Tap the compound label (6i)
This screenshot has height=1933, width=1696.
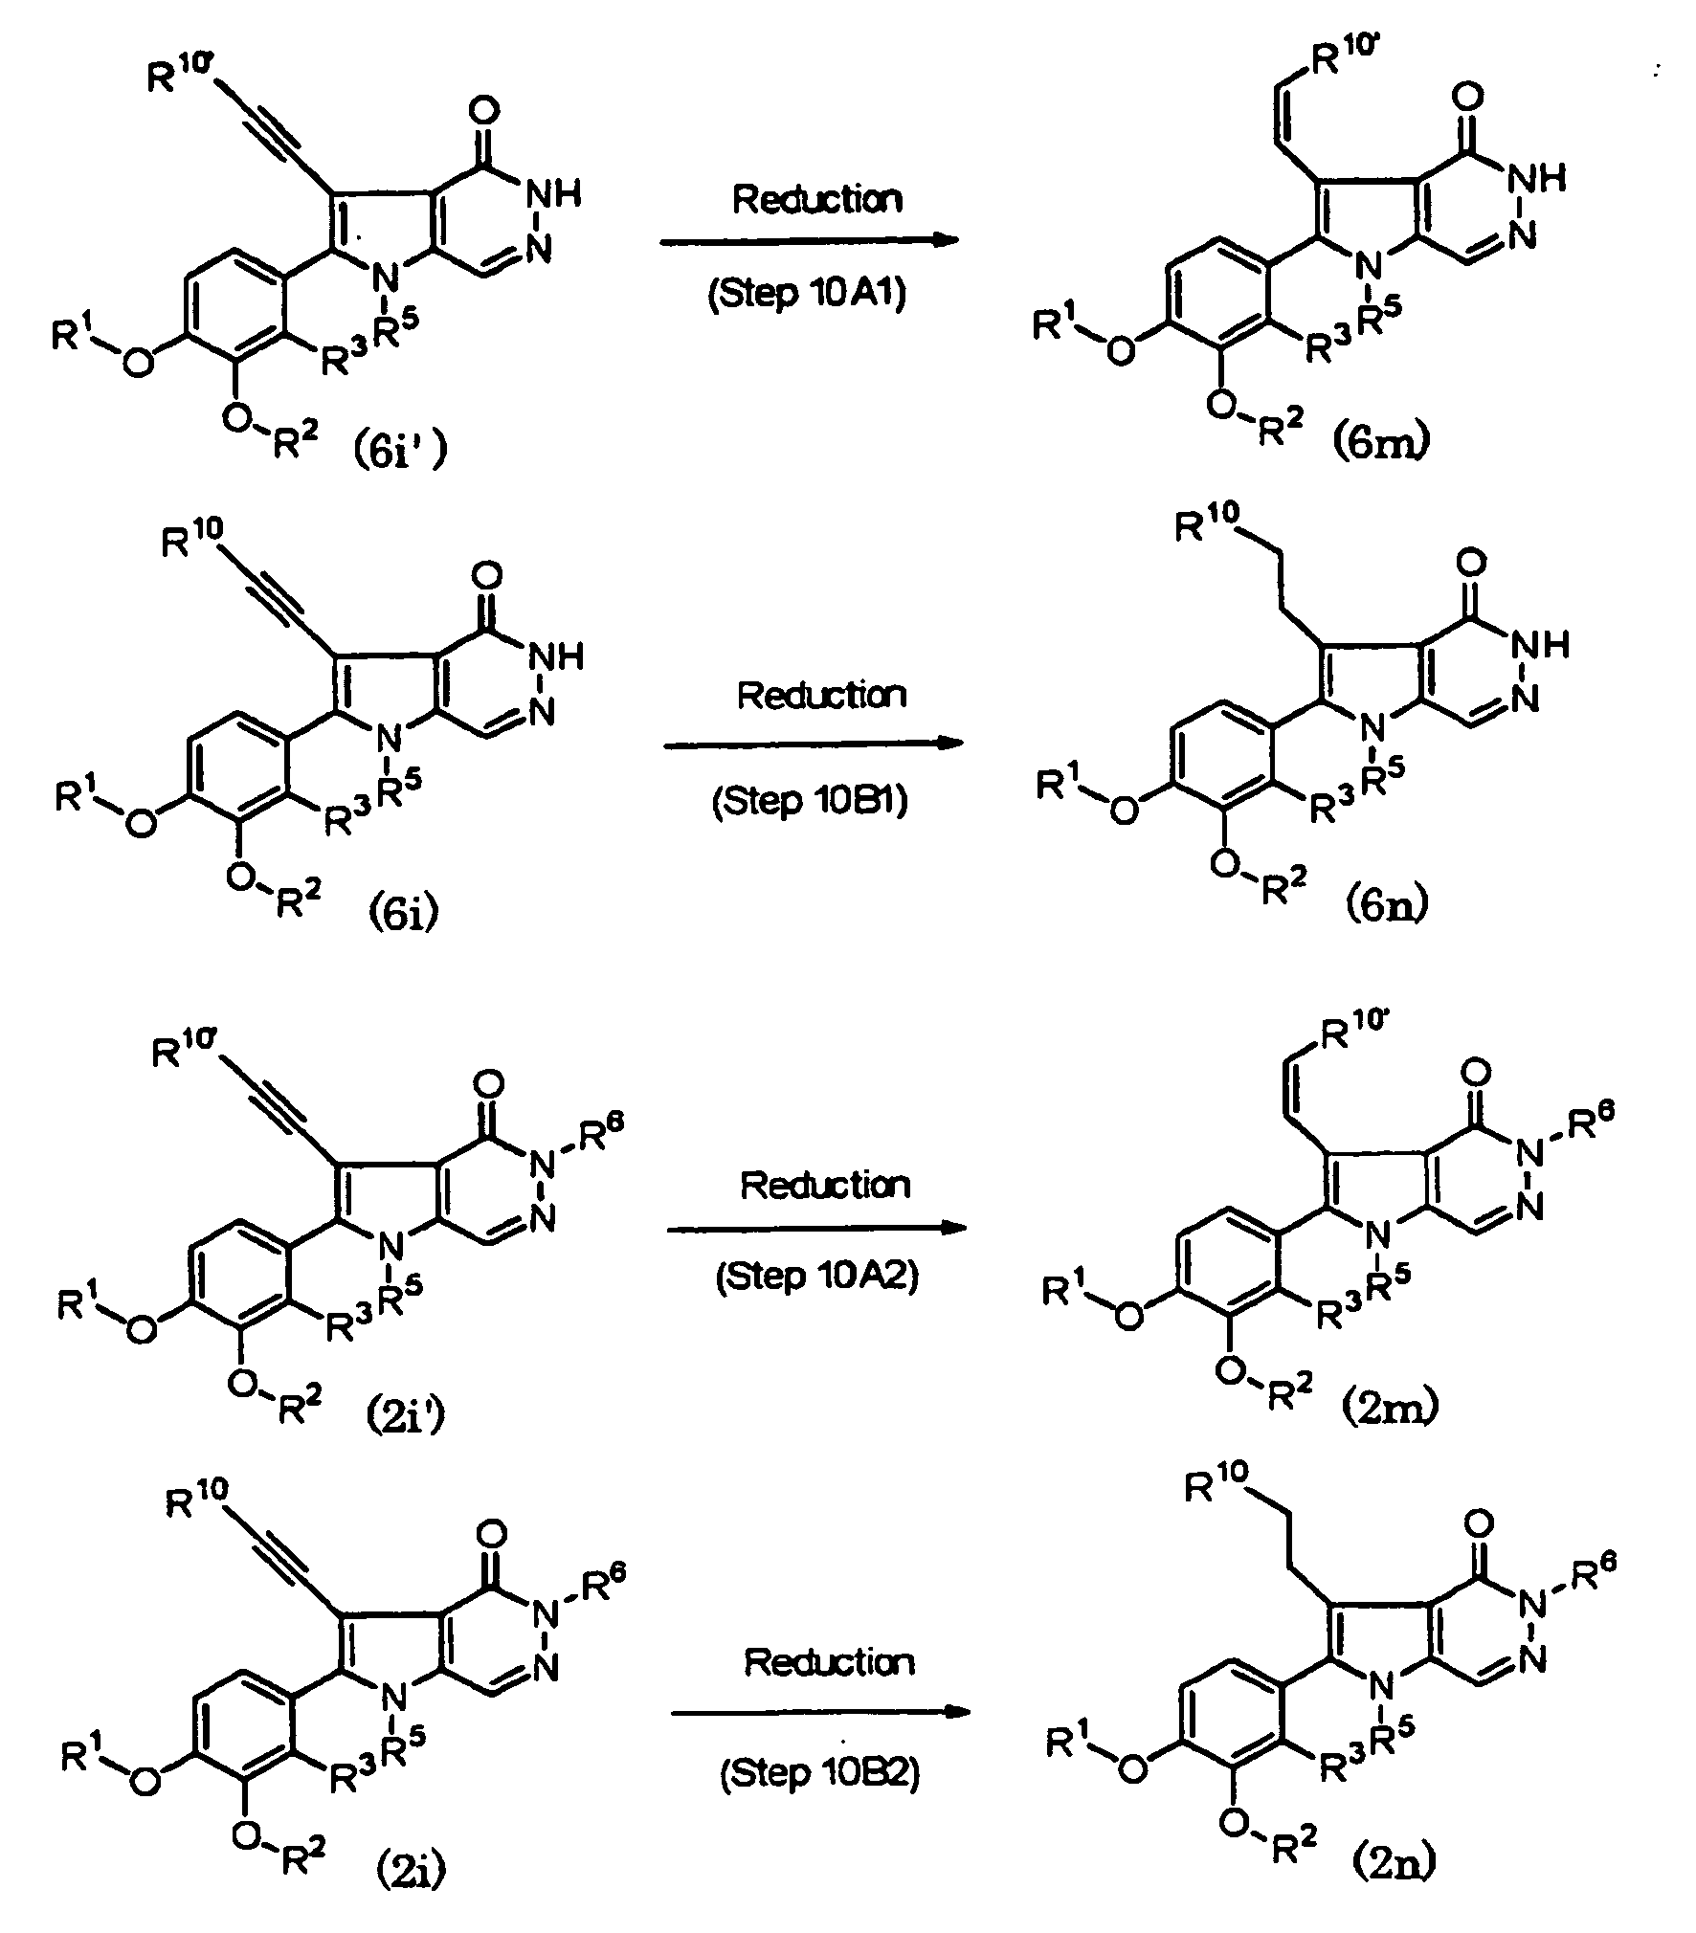coord(403,913)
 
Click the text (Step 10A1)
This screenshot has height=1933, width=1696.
coord(806,294)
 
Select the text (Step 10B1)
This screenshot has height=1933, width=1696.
coord(810,800)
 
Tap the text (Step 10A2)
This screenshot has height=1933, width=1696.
coord(816,1278)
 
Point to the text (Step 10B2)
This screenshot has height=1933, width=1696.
coord(819,1773)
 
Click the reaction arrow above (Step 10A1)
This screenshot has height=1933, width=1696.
coord(809,240)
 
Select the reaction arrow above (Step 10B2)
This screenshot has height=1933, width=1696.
coord(819,1713)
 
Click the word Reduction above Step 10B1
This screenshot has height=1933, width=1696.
coord(820,696)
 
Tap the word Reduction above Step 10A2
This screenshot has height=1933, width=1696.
coord(824,1186)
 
